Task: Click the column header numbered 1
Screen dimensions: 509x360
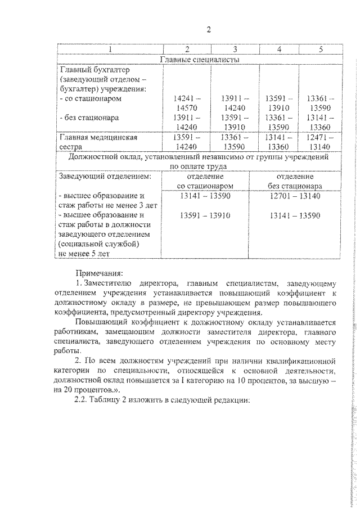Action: [x=110, y=49]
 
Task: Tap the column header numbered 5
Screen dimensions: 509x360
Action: [x=320, y=49]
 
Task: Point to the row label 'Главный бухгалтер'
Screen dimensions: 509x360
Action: [x=94, y=70]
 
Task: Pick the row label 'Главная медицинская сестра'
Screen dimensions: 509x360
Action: [x=99, y=142]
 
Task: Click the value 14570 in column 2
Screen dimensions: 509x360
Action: [x=185, y=108]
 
